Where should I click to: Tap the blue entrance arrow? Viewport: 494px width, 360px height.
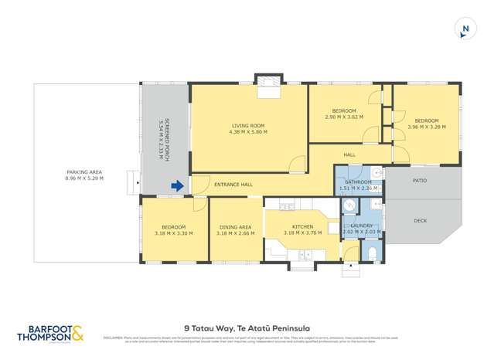(x=177, y=185)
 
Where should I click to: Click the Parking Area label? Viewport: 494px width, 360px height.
(x=84, y=172)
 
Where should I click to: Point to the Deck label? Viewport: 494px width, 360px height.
(x=420, y=221)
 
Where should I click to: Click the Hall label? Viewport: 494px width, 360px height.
(x=349, y=155)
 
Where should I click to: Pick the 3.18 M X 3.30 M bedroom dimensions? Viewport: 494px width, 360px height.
(x=173, y=233)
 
